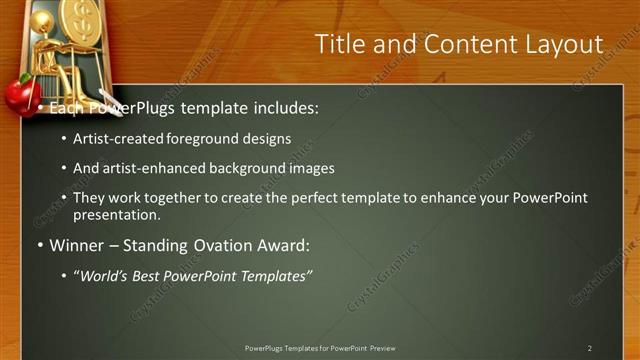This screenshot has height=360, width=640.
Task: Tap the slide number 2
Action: click(x=589, y=348)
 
